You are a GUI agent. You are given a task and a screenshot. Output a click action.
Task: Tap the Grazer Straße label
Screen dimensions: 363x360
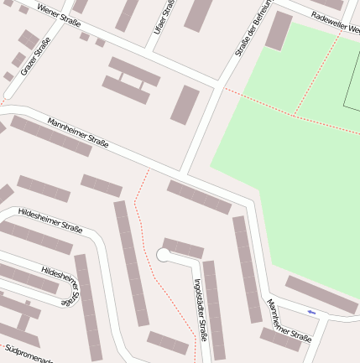pyautogui.click(x=36, y=56)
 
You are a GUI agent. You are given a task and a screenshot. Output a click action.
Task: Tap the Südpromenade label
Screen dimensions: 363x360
pyautogui.click(x=27, y=353)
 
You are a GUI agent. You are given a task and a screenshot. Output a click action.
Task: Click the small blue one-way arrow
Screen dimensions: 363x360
pyautogui.click(x=311, y=313)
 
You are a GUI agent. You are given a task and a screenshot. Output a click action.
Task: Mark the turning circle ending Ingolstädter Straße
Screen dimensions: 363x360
pyautogui.click(x=164, y=255)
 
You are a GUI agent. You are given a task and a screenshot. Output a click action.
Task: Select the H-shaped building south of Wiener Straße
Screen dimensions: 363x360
pyautogui.click(x=130, y=80)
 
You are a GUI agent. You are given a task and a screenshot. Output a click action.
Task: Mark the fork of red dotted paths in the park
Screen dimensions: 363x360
pyautogui.click(x=295, y=114)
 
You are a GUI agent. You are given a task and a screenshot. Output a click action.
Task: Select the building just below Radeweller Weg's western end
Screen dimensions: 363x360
pyautogui.click(x=278, y=31)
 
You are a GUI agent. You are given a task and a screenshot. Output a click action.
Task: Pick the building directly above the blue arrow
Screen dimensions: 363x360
pyautogui.click(x=321, y=294)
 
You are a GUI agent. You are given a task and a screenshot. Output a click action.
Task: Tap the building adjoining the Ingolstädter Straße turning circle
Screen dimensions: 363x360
pyautogui.click(x=183, y=248)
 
